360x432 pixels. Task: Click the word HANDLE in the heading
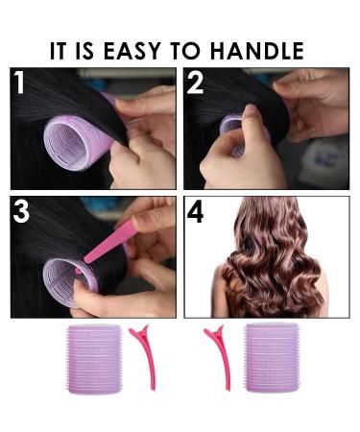[x=257, y=50]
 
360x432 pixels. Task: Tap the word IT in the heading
[x=60, y=50]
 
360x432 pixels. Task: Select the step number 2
[x=197, y=83]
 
